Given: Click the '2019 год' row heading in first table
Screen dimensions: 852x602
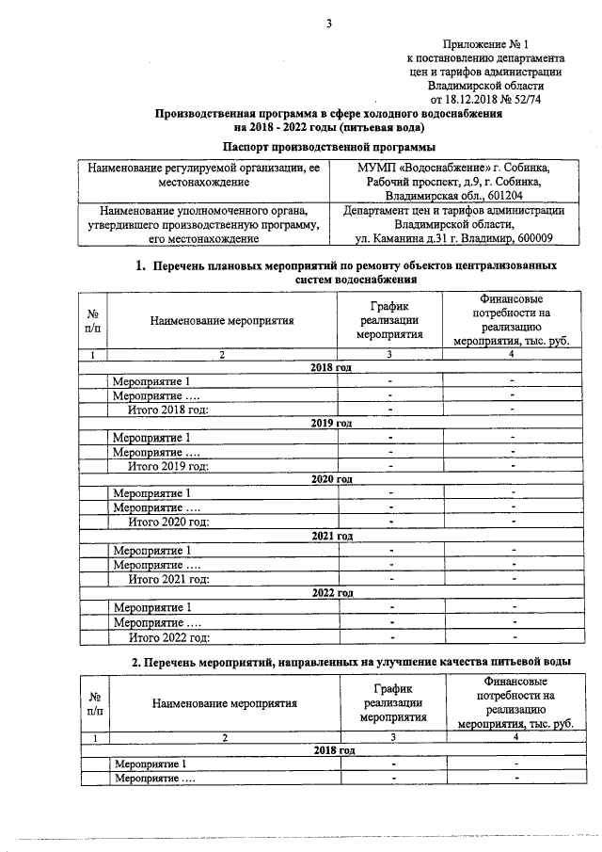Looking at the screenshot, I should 331,423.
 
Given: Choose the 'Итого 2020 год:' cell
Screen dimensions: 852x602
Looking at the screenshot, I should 167,521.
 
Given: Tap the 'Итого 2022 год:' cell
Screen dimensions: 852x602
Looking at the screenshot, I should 167,636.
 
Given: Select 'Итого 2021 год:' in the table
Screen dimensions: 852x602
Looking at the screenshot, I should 167,578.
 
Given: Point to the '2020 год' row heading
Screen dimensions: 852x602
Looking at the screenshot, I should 331,478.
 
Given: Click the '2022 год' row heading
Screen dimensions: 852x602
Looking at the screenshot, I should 331,593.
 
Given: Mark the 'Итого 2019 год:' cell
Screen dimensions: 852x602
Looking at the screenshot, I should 167,465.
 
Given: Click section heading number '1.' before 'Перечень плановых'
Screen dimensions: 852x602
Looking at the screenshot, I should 144,265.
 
